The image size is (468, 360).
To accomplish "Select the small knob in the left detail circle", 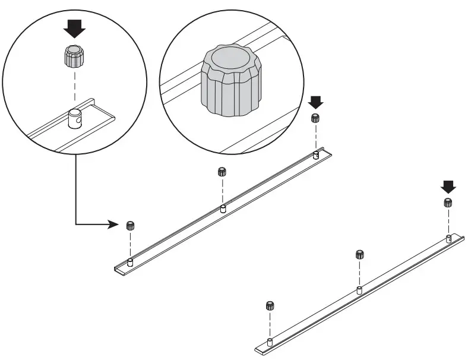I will tap(74, 56).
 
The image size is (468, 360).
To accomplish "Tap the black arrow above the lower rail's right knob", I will tap(448, 187).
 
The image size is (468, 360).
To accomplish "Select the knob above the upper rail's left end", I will tap(130, 225).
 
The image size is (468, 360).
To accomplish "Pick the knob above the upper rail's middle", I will tap(222, 172).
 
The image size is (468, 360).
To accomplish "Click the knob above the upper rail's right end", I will tap(315, 118).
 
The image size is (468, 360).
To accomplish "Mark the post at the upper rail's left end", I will tap(130, 261).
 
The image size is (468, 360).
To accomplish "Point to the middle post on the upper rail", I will tap(223, 208).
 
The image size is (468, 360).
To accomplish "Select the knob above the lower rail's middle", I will tap(359, 254).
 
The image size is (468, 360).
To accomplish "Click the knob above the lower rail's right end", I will tap(448, 203).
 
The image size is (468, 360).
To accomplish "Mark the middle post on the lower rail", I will tap(359, 290).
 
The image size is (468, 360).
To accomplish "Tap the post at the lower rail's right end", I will tap(449, 239).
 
